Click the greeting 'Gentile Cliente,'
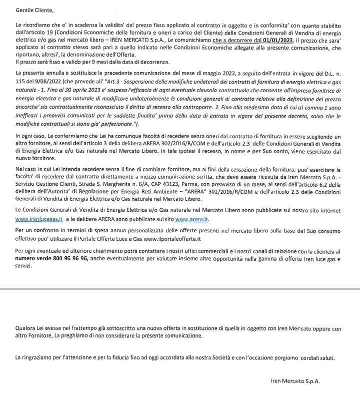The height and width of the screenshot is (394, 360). pyautogui.click(x=34, y=10)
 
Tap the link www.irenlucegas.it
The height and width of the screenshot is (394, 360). pyautogui.click(x=39, y=219)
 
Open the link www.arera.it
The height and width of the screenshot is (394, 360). pyautogui.click(x=191, y=219)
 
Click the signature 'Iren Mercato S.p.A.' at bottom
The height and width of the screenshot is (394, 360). pyautogui.click(x=294, y=380)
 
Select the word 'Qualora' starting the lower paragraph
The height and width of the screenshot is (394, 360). pyautogui.click(x=26, y=328)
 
